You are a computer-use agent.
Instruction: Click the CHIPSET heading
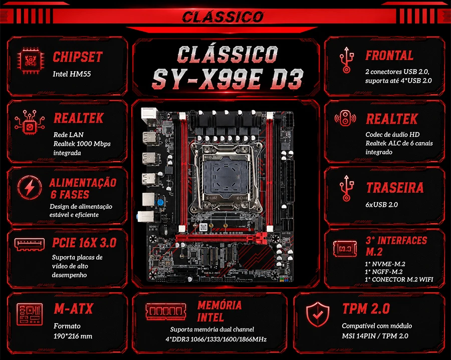[78, 57]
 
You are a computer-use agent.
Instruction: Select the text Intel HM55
[72, 74]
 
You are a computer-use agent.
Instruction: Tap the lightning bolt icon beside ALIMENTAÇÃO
[30, 188]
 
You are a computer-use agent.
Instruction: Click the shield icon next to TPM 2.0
[318, 314]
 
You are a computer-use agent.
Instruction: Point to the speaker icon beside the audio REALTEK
[345, 118]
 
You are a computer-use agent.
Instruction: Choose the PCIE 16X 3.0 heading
[84, 243]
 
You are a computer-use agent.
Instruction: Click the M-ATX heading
[74, 309]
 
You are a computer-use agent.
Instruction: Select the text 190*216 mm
[73, 336]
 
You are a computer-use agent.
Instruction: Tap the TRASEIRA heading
[395, 188]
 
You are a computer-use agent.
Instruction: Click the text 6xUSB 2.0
[381, 205]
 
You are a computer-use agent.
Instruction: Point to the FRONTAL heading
[389, 56]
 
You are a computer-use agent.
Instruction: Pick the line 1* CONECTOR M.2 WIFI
[399, 279]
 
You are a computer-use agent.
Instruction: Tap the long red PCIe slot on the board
[221, 238]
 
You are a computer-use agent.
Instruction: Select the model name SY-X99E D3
[228, 79]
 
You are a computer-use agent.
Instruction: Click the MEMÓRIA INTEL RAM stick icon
[166, 311]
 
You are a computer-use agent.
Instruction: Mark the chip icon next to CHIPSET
[31, 61]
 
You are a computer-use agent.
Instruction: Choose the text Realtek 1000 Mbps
[82, 144]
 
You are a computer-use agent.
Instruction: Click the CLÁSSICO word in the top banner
[223, 17]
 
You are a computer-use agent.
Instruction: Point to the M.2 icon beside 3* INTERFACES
[345, 248]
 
